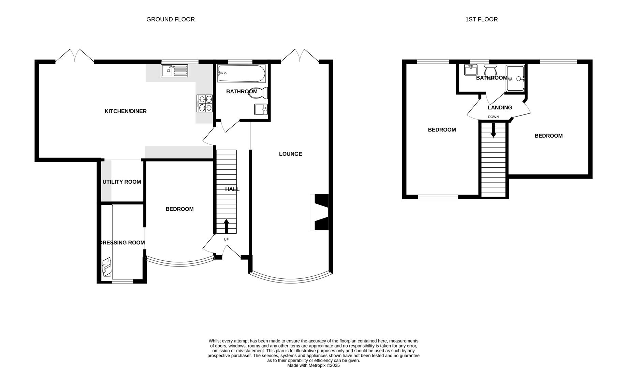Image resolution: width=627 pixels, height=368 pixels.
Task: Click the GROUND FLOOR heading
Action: click(171, 19)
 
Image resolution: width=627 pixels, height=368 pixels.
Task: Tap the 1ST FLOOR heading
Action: click(481, 19)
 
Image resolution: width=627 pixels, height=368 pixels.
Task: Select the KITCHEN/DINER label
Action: click(126, 111)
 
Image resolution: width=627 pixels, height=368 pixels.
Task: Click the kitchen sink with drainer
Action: click(174, 71)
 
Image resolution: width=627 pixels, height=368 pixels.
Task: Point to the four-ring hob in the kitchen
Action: click(204, 104)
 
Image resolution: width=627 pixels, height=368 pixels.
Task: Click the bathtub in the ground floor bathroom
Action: click(242, 73)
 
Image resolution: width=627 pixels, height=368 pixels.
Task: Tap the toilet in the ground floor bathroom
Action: click(259, 93)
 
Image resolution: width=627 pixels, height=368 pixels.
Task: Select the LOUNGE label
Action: click(290, 154)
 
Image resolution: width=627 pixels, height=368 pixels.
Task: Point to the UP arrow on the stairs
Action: click(226, 227)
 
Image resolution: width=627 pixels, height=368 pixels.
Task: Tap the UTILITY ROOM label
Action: click(122, 182)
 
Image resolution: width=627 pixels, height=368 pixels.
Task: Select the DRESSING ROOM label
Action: click(122, 243)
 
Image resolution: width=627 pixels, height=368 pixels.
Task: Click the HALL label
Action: click(232, 189)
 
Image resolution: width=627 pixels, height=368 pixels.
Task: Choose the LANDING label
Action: click(500, 108)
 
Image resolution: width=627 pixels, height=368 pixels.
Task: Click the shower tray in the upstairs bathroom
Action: click(515, 78)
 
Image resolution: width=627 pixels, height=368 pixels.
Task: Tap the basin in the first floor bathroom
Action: click(471, 70)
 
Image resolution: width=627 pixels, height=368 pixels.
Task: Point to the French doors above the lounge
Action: click(300, 56)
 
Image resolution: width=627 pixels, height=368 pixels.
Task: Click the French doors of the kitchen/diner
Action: click(75, 56)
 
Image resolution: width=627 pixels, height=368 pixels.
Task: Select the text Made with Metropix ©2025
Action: click(313, 365)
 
